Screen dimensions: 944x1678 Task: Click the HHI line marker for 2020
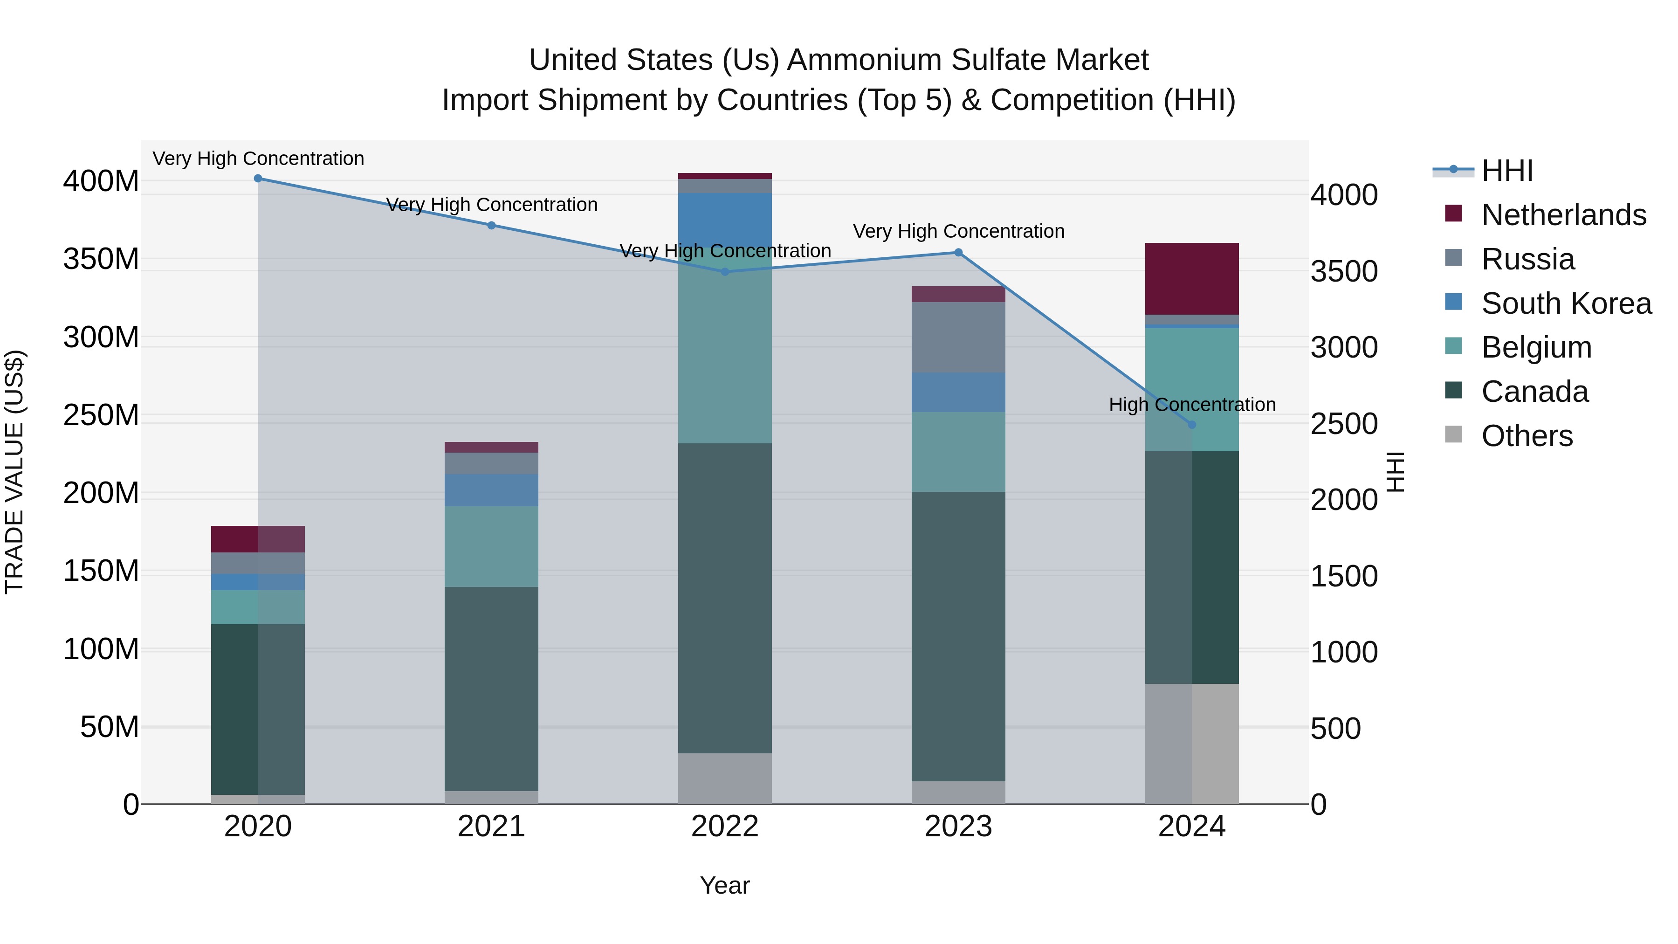pos(258,179)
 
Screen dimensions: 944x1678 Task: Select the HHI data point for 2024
pos(1192,425)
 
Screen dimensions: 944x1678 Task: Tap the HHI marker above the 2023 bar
pos(958,253)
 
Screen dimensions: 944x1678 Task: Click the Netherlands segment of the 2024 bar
pos(1192,279)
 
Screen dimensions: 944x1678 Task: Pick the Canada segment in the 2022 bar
pos(725,598)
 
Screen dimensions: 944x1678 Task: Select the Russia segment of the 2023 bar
pos(958,337)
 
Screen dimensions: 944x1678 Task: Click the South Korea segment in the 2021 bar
pos(491,490)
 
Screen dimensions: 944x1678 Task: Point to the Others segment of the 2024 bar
pos(1192,744)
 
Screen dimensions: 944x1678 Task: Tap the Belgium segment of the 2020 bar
pos(258,607)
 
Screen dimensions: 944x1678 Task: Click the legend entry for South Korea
pos(1566,303)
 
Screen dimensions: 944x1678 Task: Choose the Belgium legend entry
pos(1536,347)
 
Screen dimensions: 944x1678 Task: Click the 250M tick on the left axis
pos(101,415)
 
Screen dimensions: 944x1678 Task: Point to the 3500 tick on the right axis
pos(1344,272)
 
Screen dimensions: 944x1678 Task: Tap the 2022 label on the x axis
pos(725,827)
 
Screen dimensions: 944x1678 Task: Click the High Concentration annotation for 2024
pos(1192,405)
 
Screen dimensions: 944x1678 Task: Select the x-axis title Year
pos(725,885)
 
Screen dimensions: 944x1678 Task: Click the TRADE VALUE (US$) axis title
pos(14,472)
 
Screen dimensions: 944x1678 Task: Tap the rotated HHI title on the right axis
pos(1395,472)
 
